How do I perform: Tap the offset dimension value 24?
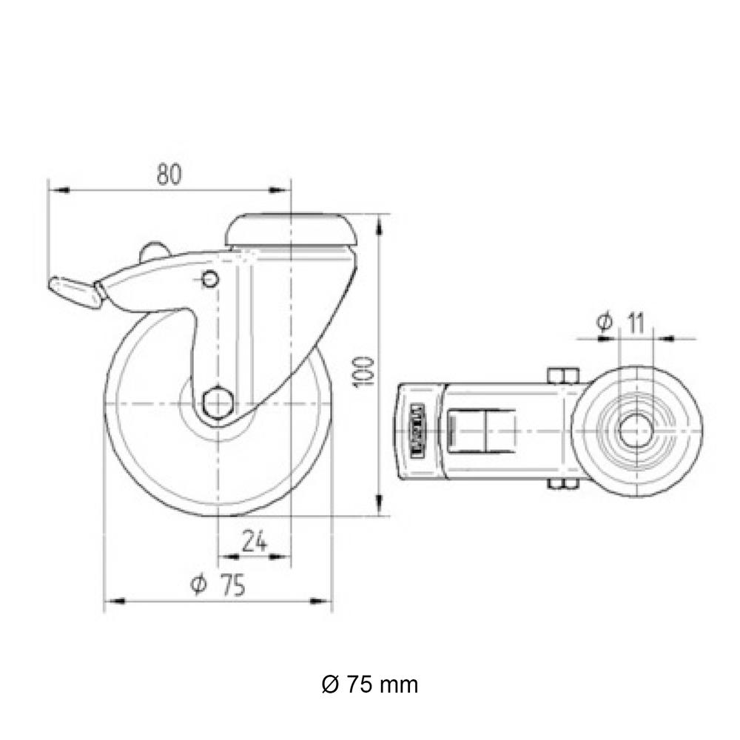254,542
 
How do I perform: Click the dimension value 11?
635,322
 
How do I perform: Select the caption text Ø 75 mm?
370,684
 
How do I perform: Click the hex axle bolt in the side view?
218,403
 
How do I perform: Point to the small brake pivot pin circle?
209,280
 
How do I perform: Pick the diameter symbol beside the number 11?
604,322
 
